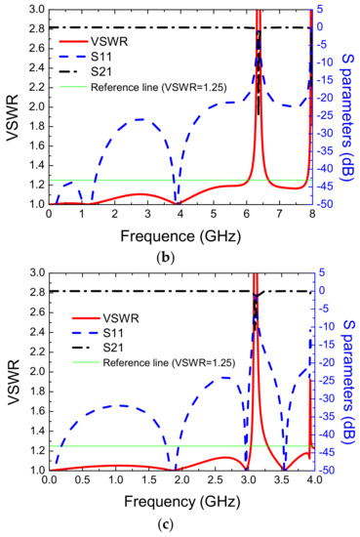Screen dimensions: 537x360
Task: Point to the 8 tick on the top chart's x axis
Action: [311, 216]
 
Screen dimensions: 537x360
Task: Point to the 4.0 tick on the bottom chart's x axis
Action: [311, 482]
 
